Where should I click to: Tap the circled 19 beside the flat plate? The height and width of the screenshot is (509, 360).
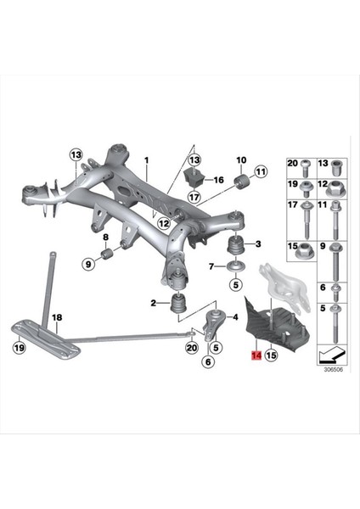coord(19,347)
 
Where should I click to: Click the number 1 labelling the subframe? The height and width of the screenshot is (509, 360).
coord(145,159)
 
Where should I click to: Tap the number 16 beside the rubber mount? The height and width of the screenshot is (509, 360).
coord(218,180)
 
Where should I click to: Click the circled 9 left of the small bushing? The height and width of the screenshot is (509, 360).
coord(87,265)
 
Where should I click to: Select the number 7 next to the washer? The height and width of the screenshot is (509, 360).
coord(211,266)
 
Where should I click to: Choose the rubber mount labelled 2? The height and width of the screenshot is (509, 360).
coord(179,304)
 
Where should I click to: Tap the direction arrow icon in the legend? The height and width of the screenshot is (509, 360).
coord(331,354)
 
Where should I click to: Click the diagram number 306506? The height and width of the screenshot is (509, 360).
coord(332,370)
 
